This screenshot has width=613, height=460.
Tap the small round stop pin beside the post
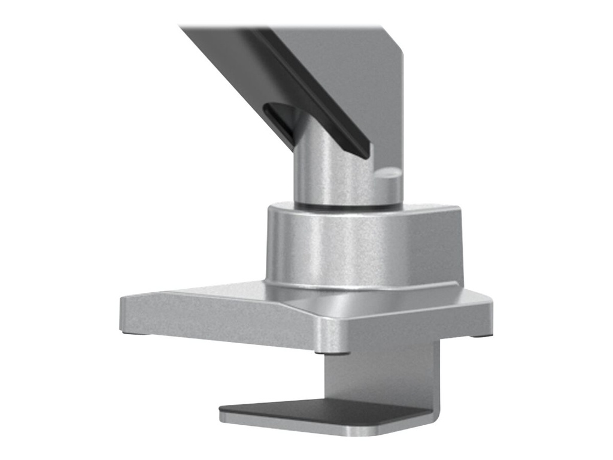[389, 178]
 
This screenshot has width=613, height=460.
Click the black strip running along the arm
[311, 90]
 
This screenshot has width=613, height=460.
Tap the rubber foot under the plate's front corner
[341, 353]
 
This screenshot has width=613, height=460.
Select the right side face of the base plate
[419, 332]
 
